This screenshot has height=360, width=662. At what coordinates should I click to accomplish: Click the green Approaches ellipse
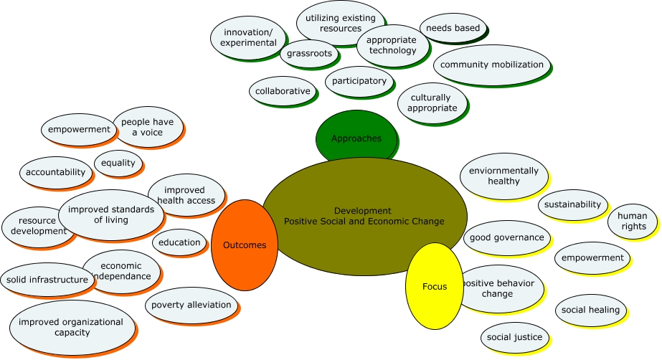pyautogui.click(x=356, y=138)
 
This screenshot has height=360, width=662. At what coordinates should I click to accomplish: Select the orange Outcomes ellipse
pyautogui.click(x=245, y=245)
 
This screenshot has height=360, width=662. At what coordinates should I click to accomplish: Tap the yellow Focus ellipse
pyautogui.click(x=434, y=287)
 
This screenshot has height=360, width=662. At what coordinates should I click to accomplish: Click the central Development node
pyautogui.click(x=364, y=216)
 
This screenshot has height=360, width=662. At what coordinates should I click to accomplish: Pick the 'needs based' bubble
pyautogui.click(x=453, y=28)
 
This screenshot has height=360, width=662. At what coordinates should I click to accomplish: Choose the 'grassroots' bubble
pyautogui.click(x=308, y=53)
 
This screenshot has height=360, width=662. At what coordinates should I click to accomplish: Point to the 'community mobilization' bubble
pyautogui.click(x=492, y=65)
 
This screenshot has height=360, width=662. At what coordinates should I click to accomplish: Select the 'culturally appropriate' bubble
pyautogui.click(x=432, y=103)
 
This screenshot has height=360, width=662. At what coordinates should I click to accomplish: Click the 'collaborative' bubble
pyautogui.click(x=283, y=91)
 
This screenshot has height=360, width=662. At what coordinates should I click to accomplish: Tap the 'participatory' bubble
pyautogui.click(x=359, y=81)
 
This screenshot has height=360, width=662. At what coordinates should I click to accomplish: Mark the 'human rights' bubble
pyautogui.click(x=633, y=221)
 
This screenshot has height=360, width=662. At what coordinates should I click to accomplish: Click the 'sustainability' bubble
pyautogui.click(x=572, y=204)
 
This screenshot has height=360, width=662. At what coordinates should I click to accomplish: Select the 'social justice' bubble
pyautogui.click(x=514, y=337)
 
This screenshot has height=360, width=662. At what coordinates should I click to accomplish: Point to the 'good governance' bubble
pyautogui.click(x=508, y=237)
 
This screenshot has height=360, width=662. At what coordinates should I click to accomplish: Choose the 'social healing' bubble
pyautogui.click(x=591, y=310)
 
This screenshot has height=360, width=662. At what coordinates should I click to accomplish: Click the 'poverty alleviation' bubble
pyautogui.click(x=191, y=305)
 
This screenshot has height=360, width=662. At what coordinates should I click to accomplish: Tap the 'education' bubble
pyautogui.click(x=179, y=242)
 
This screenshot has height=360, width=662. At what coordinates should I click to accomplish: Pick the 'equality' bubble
pyautogui.click(x=118, y=163)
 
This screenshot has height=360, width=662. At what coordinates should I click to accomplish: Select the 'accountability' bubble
pyautogui.click(x=55, y=172)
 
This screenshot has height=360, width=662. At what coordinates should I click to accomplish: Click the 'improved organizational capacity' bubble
pyautogui.click(x=72, y=327)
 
